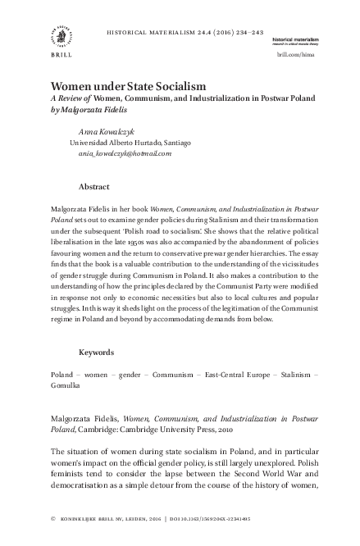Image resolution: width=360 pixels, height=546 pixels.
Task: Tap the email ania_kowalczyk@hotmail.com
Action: point(123,152)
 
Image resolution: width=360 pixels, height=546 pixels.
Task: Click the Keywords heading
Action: point(96,353)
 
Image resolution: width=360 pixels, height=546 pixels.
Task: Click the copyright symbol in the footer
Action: point(53,519)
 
